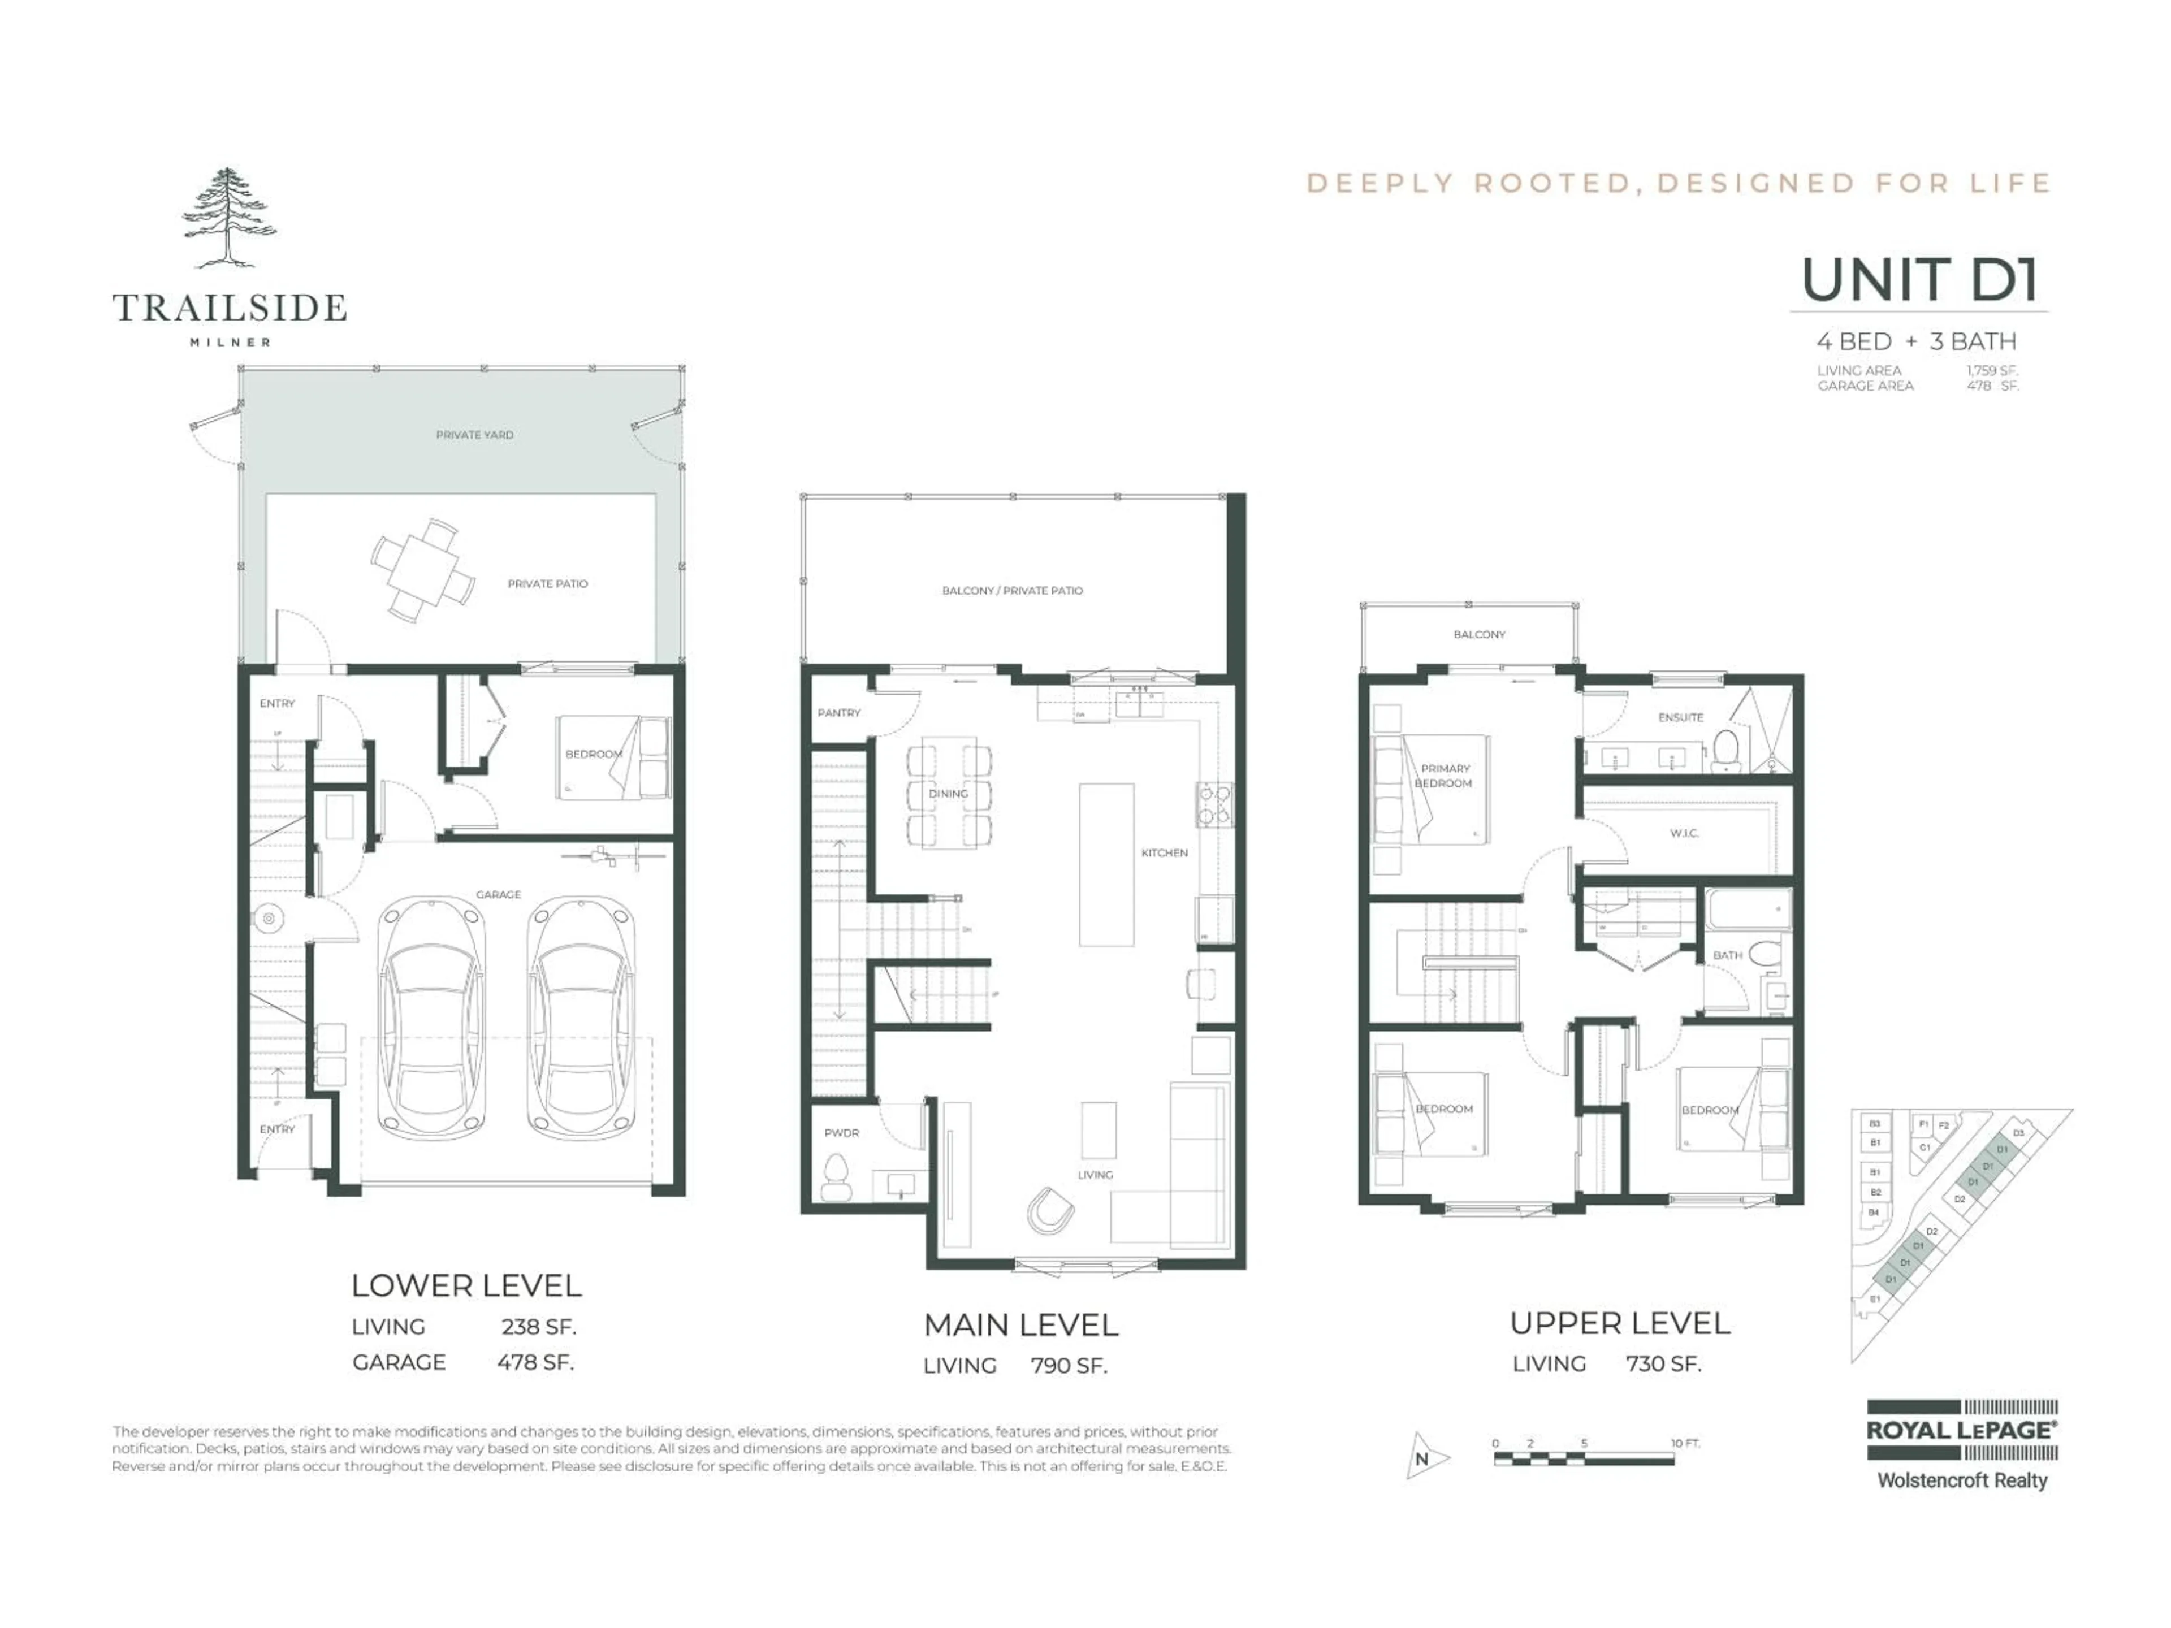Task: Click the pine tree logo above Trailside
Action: click(228, 218)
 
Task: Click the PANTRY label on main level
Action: click(838, 712)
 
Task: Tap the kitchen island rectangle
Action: click(1106, 864)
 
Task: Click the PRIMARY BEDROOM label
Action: click(1444, 775)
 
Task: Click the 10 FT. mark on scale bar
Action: click(1684, 1443)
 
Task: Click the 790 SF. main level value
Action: click(1068, 1365)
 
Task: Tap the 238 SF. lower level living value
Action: click(538, 1327)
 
